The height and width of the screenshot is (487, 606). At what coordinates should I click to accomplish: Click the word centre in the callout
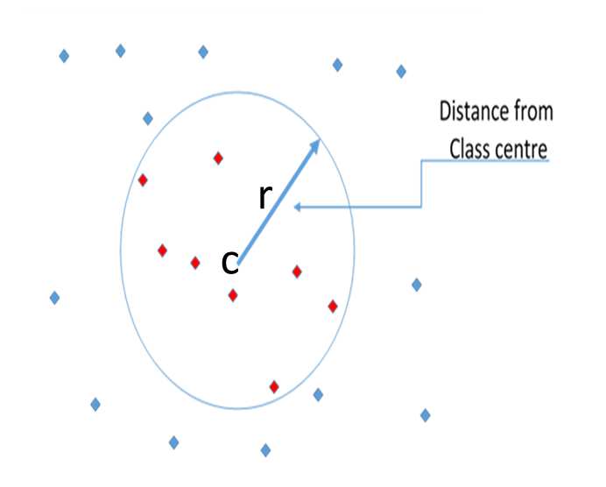point(524,148)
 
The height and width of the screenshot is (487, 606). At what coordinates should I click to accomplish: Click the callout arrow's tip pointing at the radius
point(297,208)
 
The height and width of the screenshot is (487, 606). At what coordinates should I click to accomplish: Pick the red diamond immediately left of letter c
point(195,263)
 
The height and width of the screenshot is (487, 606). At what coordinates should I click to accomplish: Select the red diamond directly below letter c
point(233,295)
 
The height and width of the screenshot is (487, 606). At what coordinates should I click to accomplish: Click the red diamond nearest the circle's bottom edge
point(274,386)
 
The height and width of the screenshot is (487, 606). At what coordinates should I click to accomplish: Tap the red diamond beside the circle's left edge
point(143,180)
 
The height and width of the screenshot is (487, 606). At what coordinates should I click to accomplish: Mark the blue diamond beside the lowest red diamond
point(318,395)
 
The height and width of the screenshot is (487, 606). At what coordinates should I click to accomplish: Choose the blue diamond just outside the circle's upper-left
point(148,118)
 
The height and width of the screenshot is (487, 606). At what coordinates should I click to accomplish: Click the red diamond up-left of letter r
point(219,159)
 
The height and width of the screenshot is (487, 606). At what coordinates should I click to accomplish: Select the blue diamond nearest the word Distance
point(401,72)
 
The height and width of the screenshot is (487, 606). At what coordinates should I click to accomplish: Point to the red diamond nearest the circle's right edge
point(333,307)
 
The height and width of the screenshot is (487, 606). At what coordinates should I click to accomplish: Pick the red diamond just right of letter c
point(297,272)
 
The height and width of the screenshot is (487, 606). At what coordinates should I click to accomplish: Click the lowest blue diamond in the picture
point(265,450)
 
